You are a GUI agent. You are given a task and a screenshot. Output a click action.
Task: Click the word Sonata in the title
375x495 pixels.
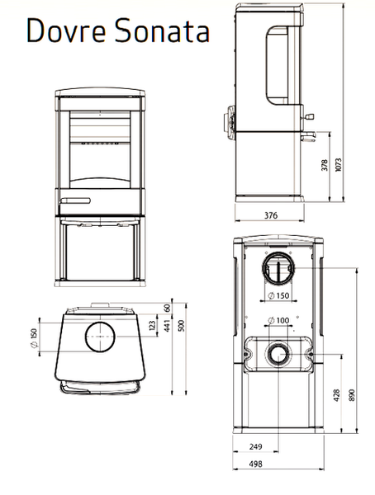tap(162, 30)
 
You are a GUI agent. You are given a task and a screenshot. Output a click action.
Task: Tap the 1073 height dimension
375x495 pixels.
tap(339, 165)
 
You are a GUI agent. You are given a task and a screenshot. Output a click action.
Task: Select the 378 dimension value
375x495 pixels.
tap(325, 165)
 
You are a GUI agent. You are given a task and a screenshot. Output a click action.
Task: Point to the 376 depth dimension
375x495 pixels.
tap(271, 215)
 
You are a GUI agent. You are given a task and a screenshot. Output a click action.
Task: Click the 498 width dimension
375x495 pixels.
tap(255, 464)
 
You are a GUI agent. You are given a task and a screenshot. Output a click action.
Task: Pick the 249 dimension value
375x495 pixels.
tap(255, 446)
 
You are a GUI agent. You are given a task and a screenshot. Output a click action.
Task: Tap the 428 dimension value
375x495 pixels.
tap(336, 395)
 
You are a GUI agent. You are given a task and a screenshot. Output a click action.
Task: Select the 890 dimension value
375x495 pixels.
tap(352, 395)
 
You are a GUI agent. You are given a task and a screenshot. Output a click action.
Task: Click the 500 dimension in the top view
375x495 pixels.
tap(181, 326)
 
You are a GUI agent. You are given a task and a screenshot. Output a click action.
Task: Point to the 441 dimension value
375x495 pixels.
tap(167, 326)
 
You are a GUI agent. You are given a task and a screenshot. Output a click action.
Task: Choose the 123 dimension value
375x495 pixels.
tap(152, 326)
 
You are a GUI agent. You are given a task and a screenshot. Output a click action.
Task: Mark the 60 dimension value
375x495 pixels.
tap(168, 308)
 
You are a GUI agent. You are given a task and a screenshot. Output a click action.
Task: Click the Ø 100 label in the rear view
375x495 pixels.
tap(278, 320)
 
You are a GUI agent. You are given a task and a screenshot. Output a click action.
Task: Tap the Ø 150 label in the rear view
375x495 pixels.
tap(278, 295)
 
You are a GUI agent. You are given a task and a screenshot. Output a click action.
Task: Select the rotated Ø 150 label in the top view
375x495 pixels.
tap(34, 338)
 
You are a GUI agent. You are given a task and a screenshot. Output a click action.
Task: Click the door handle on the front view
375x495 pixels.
tap(75, 200)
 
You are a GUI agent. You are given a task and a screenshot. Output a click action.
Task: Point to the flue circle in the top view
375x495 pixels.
tap(100, 323)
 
